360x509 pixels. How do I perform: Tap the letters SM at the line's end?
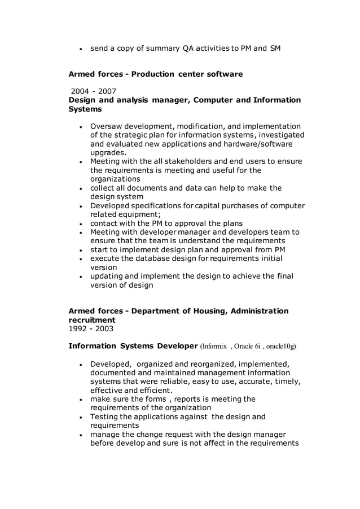click(x=275, y=48)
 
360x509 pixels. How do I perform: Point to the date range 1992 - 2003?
click(x=91, y=328)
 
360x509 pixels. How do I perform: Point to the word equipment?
click(x=141, y=214)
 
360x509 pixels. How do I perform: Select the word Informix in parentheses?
click(x=214, y=346)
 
